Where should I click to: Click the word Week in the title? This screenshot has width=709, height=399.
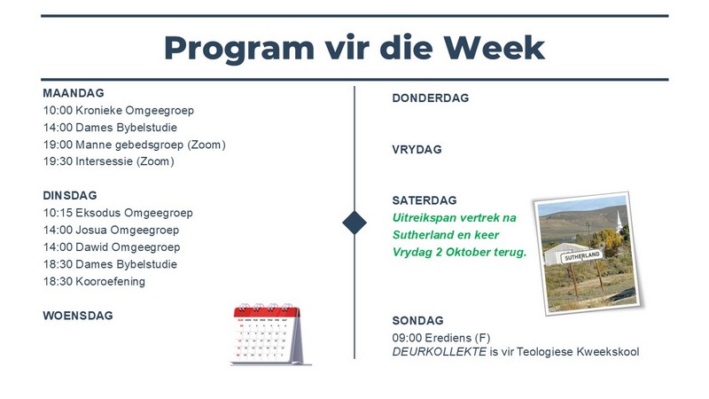pyautogui.click(x=494, y=48)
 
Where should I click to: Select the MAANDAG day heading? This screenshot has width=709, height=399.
pyautogui.click(x=74, y=93)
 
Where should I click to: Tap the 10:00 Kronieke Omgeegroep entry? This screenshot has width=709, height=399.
pyautogui.click(x=119, y=110)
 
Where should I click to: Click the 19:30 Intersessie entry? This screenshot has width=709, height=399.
pyautogui.click(x=108, y=161)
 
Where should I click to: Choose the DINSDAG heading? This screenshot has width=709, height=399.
pyautogui.click(x=70, y=195)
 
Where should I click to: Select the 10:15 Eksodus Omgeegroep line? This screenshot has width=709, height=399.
pyautogui.click(x=118, y=213)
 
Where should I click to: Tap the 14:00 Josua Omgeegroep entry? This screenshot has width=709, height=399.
pyautogui.click(x=112, y=230)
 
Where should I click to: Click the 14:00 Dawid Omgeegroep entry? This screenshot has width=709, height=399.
pyautogui.click(x=112, y=247)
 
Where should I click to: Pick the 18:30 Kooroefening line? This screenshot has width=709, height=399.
pyautogui.click(x=94, y=281)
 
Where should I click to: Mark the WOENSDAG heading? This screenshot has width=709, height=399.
pyautogui.click(x=78, y=316)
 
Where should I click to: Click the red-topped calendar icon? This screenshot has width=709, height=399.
pyautogui.click(x=270, y=334)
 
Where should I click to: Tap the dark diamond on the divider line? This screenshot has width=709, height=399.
pyautogui.click(x=354, y=223)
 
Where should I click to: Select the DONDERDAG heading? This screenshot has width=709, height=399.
pyautogui.click(x=431, y=98)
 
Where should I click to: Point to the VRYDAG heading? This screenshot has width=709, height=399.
pyautogui.click(x=417, y=150)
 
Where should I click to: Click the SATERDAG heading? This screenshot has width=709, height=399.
pyautogui.click(x=425, y=200)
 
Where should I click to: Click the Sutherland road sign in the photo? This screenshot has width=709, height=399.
pyautogui.click(x=582, y=256)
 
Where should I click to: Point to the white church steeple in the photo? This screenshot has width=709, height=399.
pyautogui.click(x=619, y=219)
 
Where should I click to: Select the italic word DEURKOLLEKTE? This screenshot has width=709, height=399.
pyautogui.click(x=439, y=352)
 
